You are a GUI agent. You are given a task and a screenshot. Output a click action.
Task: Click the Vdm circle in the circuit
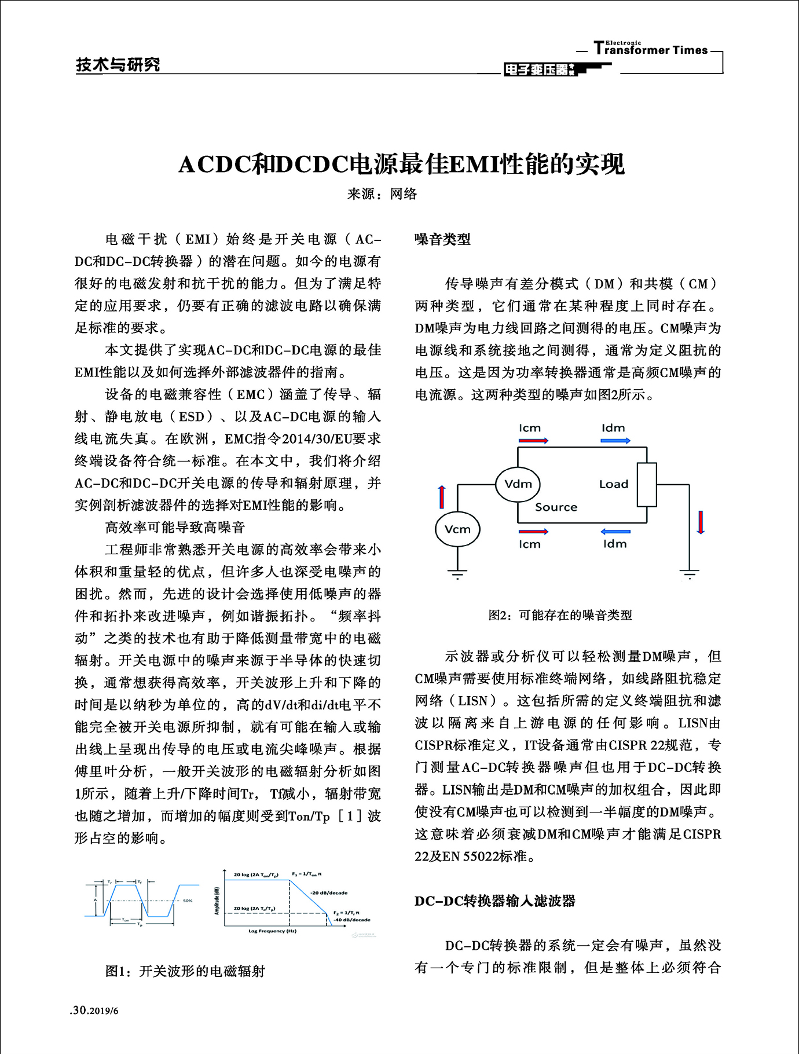click(518, 484)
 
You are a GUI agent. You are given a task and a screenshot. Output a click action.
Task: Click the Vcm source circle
click(457, 529)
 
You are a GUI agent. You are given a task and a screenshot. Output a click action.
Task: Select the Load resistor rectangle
click(647, 485)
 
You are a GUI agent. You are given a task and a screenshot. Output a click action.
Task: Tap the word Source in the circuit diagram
click(556, 507)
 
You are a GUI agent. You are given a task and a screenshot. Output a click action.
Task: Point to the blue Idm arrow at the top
click(615, 441)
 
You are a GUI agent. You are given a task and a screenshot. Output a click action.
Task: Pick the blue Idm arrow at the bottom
click(615, 532)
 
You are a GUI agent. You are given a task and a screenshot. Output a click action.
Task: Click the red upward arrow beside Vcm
click(442, 497)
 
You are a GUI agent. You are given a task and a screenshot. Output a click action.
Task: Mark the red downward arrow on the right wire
click(701, 522)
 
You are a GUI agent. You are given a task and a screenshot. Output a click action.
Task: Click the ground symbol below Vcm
click(457, 574)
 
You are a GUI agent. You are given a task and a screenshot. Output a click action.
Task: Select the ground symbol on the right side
click(689, 574)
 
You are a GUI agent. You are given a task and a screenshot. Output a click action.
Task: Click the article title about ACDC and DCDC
click(401, 164)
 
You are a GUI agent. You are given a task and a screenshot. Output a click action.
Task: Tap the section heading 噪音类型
click(443, 239)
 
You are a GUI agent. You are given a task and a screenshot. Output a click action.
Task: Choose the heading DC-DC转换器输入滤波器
click(495, 901)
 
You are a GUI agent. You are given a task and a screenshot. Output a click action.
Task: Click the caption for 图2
click(560, 615)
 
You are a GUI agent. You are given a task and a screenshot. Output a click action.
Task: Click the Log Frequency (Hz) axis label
click(272, 931)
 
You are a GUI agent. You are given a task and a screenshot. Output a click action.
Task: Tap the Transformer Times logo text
click(650, 49)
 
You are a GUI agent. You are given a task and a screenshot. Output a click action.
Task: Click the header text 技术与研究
click(118, 65)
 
